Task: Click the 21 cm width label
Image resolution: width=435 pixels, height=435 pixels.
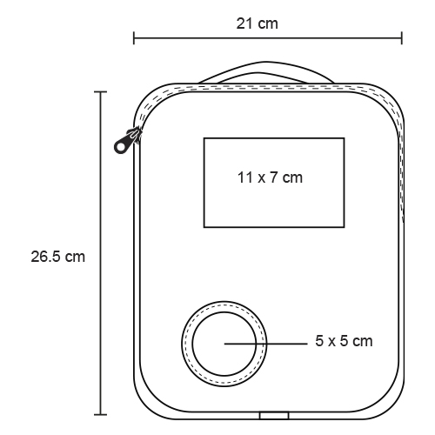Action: click(x=257, y=23)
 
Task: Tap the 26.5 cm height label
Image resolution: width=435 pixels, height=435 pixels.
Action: click(x=58, y=257)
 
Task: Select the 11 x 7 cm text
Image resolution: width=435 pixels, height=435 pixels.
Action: click(x=270, y=177)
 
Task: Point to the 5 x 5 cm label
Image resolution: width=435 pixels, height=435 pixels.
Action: click(x=344, y=341)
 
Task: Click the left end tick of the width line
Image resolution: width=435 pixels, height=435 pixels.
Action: click(x=134, y=38)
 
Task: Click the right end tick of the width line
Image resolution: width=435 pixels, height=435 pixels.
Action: click(x=402, y=38)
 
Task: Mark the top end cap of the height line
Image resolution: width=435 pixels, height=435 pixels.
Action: click(x=101, y=92)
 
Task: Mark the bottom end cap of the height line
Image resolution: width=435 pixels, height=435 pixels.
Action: click(x=101, y=415)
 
